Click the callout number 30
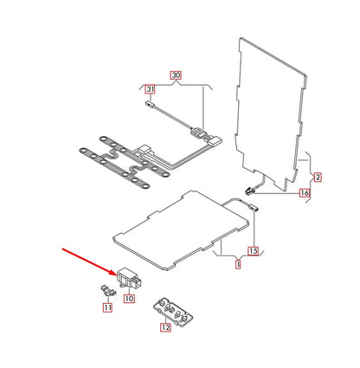(x=176, y=75)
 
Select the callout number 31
(x=150, y=89)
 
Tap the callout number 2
(x=318, y=177)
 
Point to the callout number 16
(x=305, y=193)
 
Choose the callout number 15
(x=253, y=251)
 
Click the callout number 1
(x=238, y=264)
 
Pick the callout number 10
(x=129, y=299)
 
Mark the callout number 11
(x=107, y=307)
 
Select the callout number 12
(x=165, y=327)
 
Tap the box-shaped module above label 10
(x=130, y=278)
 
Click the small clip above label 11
(x=108, y=290)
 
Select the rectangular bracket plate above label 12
(x=172, y=310)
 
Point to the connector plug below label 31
(x=149, y=104)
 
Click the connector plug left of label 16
(x=250, y=190)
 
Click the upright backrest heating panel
(x=271, y=113)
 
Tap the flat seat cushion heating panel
(x=181, y=229)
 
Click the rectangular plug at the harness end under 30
(x=215, y=141)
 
